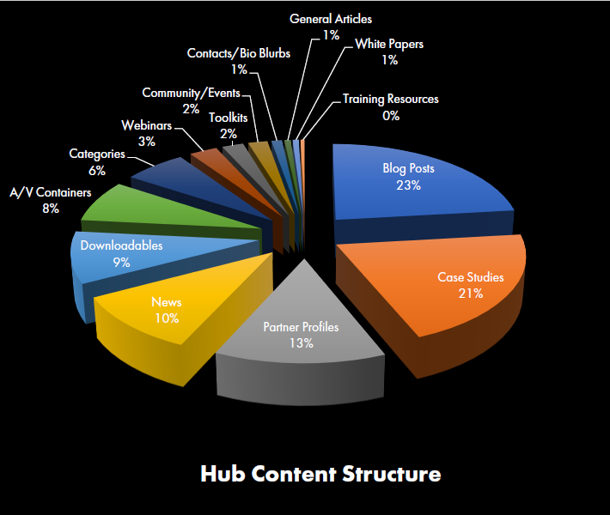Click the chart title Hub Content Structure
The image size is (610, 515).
tap(320, 474)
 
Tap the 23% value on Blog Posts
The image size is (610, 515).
tap(408, 185)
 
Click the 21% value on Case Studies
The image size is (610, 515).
tap(470, 294)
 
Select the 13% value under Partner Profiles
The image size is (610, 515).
tap(301, 343)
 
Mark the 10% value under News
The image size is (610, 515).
tap(166, 318)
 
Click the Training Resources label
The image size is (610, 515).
tap(390, 99)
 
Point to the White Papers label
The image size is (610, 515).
tap(389, 44)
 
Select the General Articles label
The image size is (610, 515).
tap(331, 18)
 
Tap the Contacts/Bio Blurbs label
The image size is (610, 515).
tap(239, 53)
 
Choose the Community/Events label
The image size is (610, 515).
tap(191, 93)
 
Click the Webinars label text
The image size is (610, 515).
tap(146, 125)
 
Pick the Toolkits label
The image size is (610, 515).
tap(229, 118)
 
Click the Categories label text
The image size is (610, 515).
tap(97, 154)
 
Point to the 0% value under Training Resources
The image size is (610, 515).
tap(391, 115)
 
